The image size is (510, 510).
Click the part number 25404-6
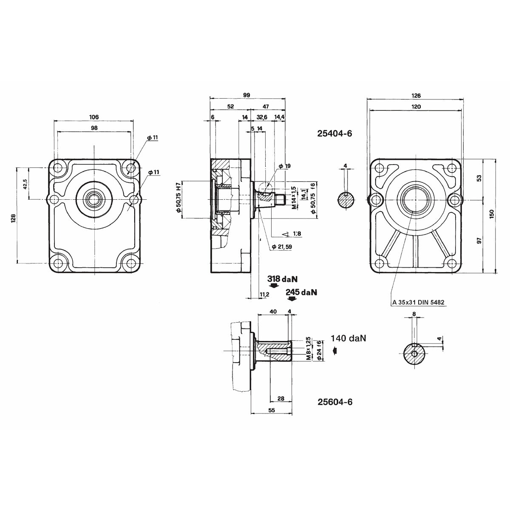click(334, 133)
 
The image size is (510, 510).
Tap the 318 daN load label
click(282, 279)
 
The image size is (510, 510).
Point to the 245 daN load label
click(301, 292)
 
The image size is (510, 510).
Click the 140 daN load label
click(348, 338)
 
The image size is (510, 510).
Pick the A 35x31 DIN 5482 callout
click(418, 303)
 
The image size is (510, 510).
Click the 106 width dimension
click(94, 117)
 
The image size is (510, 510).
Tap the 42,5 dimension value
click(25, 184)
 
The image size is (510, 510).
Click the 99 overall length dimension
click(246, 95)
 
